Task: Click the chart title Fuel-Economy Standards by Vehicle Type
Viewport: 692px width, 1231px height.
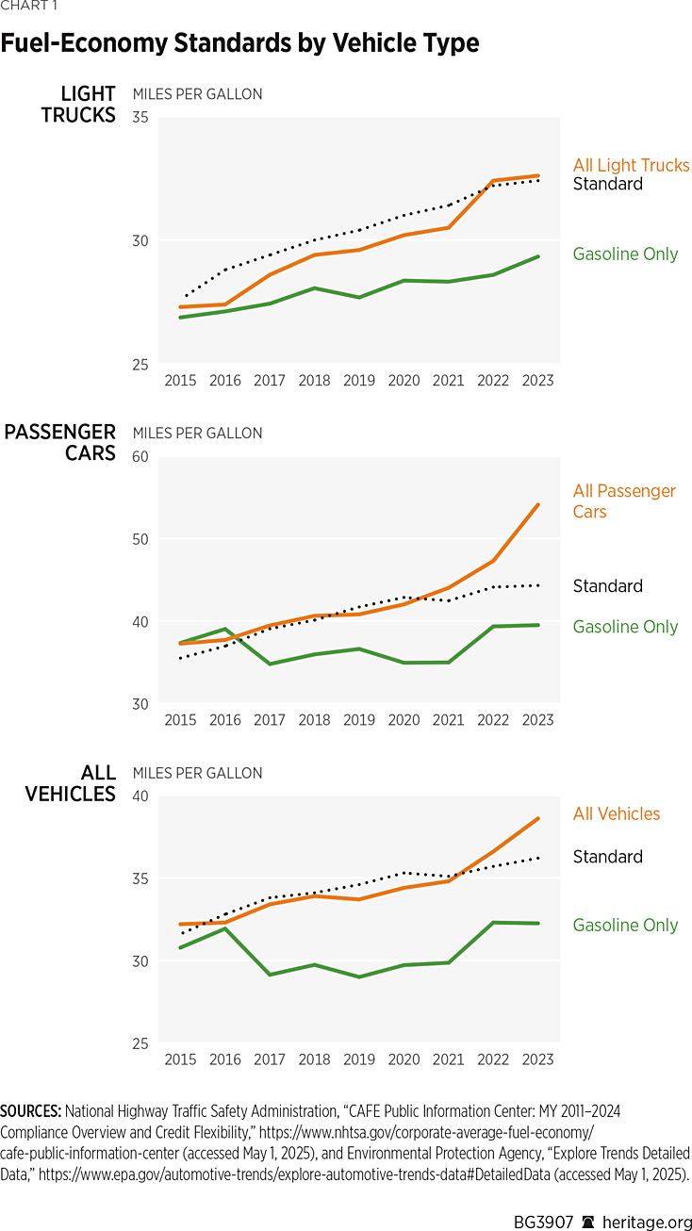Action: click(239, 43)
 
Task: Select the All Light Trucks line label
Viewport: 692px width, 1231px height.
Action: click(631, 165)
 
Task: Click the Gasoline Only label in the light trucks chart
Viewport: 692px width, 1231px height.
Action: click(625, 254)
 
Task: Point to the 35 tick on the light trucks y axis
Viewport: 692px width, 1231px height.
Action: click(140, 118)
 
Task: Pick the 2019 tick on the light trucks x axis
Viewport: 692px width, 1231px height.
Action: click(359, 381)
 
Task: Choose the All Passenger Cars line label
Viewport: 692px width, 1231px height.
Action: click(624, 501)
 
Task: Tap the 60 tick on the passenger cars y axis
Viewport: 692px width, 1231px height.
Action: click(140, 457)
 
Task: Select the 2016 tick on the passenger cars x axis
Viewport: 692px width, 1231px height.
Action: click(225, 720)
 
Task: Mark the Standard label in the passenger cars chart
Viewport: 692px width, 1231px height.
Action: click(607, 586)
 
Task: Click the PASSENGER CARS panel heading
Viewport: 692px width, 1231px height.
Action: click(60, 442)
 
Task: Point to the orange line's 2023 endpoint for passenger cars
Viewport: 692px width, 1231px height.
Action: click(538, 504)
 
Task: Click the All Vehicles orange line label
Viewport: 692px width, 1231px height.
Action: click(617, 813)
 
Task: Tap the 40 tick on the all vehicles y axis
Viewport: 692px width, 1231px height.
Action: click(140, 796)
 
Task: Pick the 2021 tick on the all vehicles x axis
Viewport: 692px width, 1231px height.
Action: click(449, 1059)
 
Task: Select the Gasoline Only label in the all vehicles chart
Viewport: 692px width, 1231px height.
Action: click(625, 925)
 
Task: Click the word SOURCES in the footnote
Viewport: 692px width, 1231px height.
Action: click(31, 1112)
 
